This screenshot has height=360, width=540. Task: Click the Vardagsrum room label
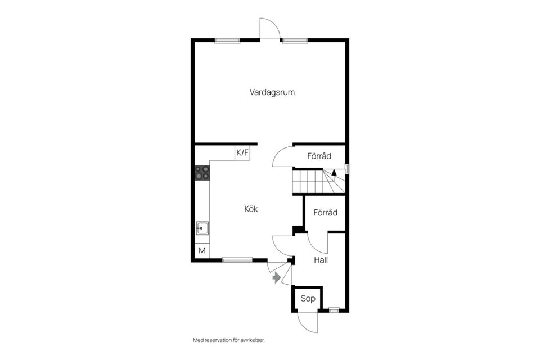click(x=272, y=92)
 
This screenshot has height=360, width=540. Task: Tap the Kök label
click(x=251, y=209)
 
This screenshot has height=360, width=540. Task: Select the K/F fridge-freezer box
click(x=242, y=152)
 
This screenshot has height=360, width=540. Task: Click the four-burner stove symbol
click(x=202, y=173)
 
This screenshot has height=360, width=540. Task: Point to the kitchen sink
click(x=202, y=228)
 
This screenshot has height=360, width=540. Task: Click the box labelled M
click(x=202, y=251)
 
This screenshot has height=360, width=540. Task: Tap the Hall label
click(x=321, y=260)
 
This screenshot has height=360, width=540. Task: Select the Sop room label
click(x=308, y=299)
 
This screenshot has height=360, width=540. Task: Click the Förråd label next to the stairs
click(x=319, y=156)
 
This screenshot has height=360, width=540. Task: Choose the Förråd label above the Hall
click(x=326, y=213)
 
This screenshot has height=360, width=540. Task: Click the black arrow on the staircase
click(x=334, y=173)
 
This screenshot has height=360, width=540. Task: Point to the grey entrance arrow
click(x=277, y=278)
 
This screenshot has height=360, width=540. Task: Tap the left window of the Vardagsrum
click(x=227, y=40)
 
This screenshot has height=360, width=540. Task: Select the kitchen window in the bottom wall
click(x=237, y=260)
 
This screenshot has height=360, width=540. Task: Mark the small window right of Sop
click(x=334, y=310)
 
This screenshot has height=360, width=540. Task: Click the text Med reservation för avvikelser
click(x=229, y=340)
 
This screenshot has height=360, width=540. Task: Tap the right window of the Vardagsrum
click(x=295, y=40)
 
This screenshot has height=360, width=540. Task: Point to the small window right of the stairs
click(x=347, y=169)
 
